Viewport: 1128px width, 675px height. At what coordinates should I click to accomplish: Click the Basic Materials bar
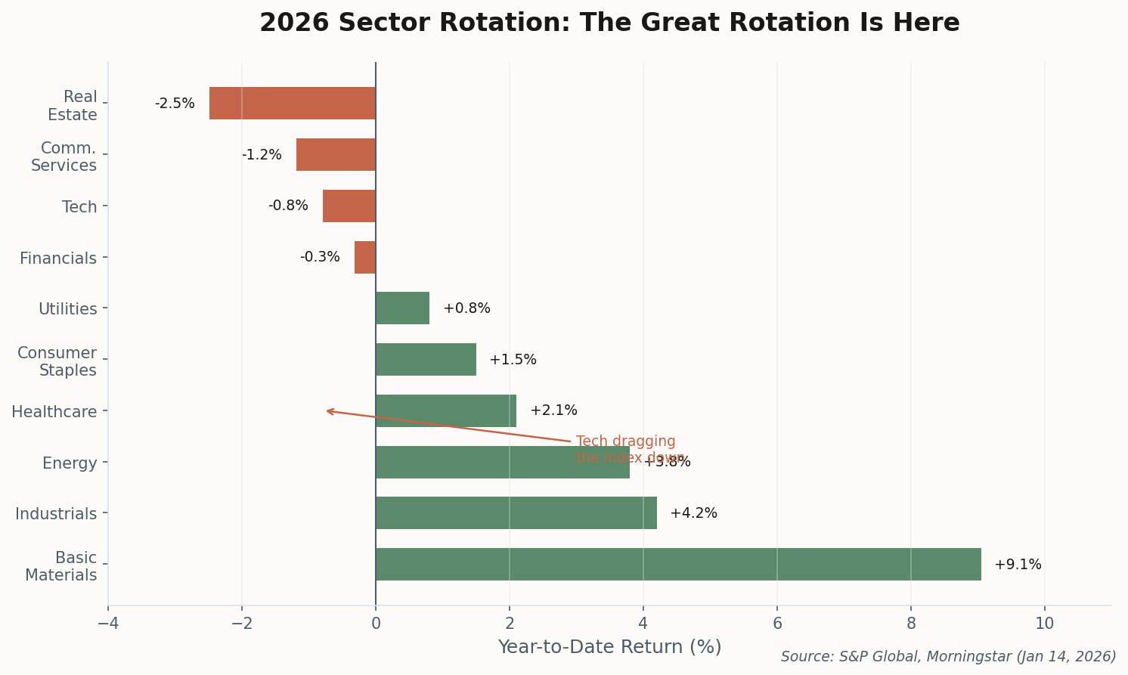point(678,564)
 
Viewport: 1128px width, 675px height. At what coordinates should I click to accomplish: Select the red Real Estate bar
point(293,103)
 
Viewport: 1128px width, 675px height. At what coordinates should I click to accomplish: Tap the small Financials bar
point(365,257)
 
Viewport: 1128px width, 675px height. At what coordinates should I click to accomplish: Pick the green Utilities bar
point(402,308)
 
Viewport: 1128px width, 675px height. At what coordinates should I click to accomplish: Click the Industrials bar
point(516,512)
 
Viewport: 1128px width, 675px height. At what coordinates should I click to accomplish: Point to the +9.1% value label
point(1018,565)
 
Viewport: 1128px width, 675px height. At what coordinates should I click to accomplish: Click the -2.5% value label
point(175,104)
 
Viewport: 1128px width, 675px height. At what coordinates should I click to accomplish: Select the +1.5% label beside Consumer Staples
point(513,360)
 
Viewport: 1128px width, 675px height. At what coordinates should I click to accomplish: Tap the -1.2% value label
point(262,155)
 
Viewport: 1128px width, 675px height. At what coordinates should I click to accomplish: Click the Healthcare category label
point(54,412)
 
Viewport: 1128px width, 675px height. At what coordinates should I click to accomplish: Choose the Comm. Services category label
point(64,156)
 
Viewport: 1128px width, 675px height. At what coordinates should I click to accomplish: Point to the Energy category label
point(70,463)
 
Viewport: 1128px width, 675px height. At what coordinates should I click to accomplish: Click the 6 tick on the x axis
point(776,624)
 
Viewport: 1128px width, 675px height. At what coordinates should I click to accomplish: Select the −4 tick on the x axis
point(108,624)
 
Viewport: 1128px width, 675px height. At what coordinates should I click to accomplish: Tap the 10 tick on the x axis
point(1044,624)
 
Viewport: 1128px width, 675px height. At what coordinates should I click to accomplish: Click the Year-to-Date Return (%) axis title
point(609,647)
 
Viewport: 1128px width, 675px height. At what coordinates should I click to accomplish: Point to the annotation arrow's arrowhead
point(327,410)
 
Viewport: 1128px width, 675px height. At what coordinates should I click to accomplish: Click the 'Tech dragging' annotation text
point(625,441)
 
